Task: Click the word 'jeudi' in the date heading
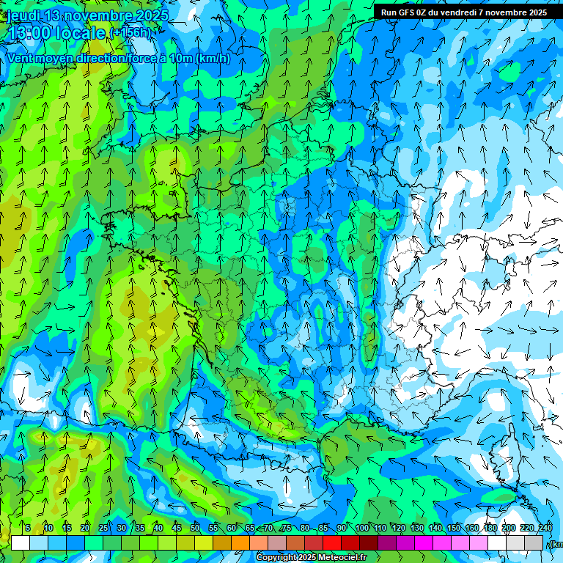point(23,15)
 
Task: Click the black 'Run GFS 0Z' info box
point(464,12)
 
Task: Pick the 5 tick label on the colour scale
point(28,528)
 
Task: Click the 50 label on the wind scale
point(195,528)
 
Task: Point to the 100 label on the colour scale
point(361,528)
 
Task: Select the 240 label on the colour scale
point(545,528)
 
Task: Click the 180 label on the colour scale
point(490,528)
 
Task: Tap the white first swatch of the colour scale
point(21,543)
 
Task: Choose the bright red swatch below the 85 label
point(332,543)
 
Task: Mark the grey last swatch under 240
point(534,543)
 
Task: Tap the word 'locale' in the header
point(81,33)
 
